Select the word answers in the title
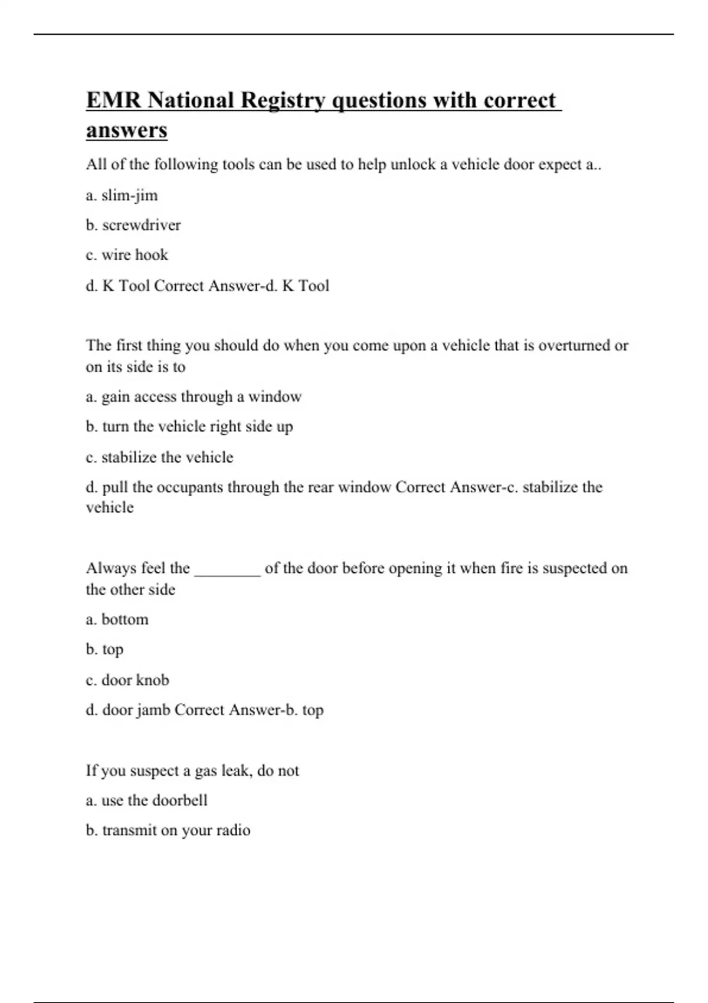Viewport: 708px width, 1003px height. point(127,130)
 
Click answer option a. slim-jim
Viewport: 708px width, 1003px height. point(122,195)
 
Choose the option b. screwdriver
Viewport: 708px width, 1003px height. point(133,225)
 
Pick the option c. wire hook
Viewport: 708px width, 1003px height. point(127,255)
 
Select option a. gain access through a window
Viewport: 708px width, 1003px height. point(194,396)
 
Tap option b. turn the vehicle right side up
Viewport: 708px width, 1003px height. point(189,427)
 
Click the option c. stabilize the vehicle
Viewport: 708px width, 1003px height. point(159,457)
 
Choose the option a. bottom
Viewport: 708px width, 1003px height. point(117,619)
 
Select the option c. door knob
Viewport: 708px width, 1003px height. point(127,680)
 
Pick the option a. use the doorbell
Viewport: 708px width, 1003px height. point(146,801)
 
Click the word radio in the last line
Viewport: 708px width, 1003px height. point(232,831)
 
